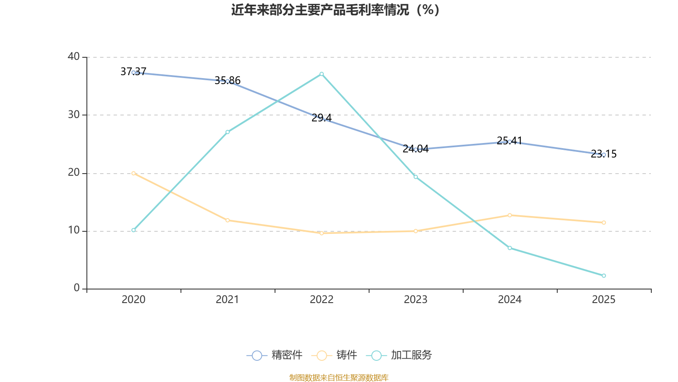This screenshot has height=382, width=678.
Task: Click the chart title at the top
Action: coord(335,10)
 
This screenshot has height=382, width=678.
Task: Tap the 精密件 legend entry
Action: coord(275,355)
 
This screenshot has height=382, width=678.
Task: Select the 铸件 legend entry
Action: coord(334,355)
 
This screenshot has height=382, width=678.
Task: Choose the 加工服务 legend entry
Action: coord(399,355)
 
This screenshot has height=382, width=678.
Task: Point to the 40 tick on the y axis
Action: coord(74,57)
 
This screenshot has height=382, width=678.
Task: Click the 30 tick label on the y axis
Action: coord(74,115)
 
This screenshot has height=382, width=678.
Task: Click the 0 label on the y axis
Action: coord(77,288)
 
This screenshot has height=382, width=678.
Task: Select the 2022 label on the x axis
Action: coord(322,300)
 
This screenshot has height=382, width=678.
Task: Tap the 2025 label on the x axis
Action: coord(603,300)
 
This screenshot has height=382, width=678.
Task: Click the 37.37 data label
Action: coord(133,72)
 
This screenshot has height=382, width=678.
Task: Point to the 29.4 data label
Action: coord(322,118)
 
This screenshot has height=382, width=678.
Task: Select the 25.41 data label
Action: coord(510,140)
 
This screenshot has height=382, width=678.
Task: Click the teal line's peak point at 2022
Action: coord(322,74)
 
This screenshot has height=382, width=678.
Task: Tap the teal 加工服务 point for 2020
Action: coord(133,230)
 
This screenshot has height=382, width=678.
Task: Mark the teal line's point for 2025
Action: coord(603,275)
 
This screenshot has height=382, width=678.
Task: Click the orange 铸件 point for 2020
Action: coord(133,174)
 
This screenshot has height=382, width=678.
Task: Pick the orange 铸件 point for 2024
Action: coord(510,215)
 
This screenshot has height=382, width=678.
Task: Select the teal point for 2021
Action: coord(228,132)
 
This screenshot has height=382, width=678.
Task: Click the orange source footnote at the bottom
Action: coord(339,377)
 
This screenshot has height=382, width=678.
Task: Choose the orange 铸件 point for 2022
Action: coord(322,233)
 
